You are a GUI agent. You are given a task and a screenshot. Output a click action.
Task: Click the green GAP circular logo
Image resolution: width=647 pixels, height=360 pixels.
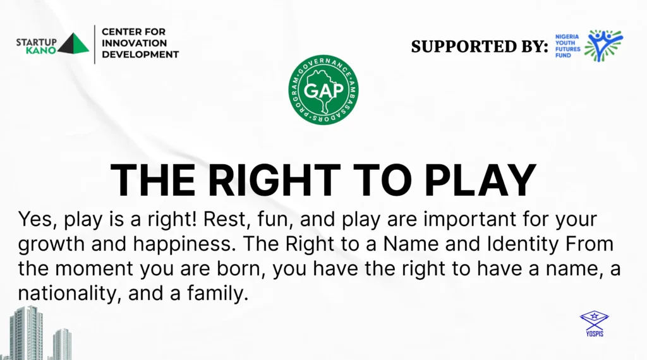323,90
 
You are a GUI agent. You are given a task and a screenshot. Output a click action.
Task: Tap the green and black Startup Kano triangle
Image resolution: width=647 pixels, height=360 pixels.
73,43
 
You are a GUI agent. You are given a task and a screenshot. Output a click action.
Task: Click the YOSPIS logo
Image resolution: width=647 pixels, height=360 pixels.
594,324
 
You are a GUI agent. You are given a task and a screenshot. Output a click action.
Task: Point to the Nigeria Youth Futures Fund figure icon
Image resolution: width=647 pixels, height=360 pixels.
603,45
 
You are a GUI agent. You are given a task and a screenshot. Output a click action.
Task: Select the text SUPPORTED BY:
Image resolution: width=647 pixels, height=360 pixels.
480,46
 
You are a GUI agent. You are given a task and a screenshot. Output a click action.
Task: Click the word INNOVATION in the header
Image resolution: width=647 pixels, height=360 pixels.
134,43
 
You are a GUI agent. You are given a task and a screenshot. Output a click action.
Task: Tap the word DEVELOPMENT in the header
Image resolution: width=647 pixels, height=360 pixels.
140,54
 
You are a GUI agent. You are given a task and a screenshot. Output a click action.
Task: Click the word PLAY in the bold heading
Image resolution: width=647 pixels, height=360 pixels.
480,180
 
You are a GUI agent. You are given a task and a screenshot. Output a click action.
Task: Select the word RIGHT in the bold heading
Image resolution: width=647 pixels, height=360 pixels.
274,180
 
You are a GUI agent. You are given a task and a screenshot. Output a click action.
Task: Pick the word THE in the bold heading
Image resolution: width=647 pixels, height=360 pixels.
153,180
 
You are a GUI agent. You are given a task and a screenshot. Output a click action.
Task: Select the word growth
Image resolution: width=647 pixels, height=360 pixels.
51,244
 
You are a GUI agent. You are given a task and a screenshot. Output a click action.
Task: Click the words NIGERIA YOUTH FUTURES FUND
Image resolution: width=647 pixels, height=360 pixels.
567,45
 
